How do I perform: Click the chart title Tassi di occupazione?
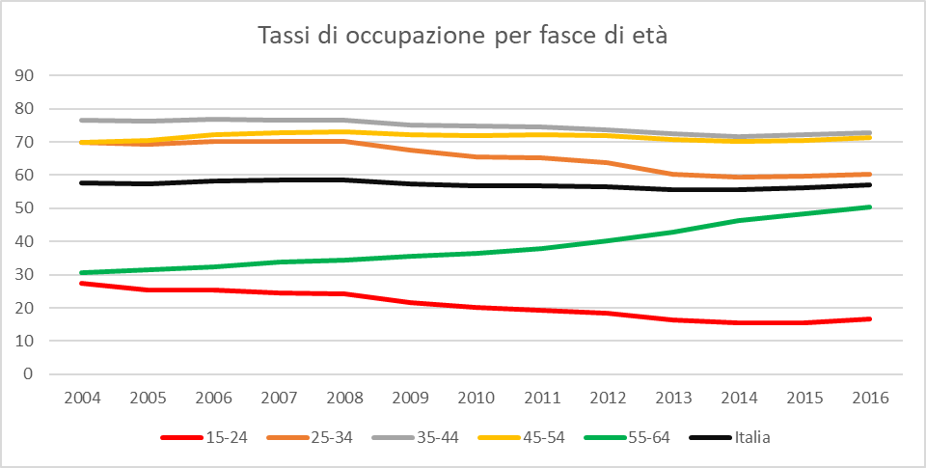(x=463, y=38)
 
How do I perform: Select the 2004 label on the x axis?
(x=81, y=397)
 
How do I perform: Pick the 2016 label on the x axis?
(x=870, y=397)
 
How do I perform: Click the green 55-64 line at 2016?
(x=870, y=206)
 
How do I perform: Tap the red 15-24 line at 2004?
(x=81, y=283)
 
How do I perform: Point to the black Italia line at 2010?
(x=476, y=185)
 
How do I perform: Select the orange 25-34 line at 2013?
(x=672, y=174)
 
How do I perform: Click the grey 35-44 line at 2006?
(x=212, y=119)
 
